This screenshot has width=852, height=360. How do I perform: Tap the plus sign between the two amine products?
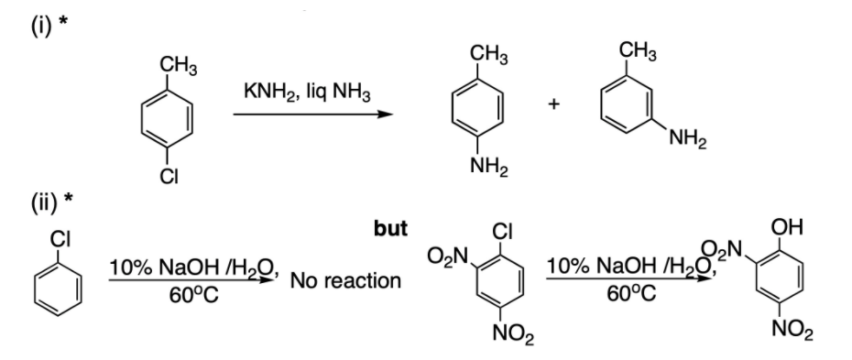pyautogui.click(x=552, y=106)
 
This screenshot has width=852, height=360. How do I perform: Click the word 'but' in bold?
pyautogui.click(x=391, y=229)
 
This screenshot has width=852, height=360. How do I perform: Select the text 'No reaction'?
pyautogui.click(x=345, y=279)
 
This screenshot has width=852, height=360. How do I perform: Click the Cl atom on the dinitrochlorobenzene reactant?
pyautogui.click(x=502, y=231)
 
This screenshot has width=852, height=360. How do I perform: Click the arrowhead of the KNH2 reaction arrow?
pyautogui.click(x=385, y=115)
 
